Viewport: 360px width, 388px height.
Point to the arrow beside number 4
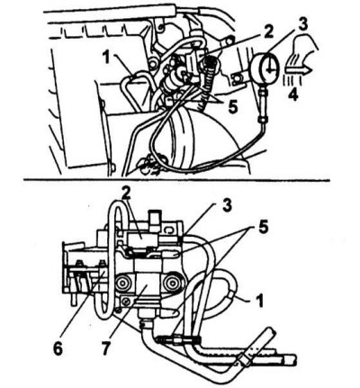(298, 70)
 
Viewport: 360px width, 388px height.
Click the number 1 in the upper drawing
(105, 59)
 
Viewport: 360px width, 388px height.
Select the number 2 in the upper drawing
(268, 32)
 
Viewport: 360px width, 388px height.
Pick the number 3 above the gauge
(302, 25)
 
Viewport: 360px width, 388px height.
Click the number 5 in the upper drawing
(233, 106)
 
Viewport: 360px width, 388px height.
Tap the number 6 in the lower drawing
(58, 348)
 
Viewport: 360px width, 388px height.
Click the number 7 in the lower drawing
(105, 348)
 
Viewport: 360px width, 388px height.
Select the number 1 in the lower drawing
(260, 301)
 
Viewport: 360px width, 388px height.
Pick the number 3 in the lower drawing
(227, 206)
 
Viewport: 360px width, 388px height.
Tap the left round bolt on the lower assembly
(122, 283)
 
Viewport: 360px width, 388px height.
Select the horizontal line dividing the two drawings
(176, 181)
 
